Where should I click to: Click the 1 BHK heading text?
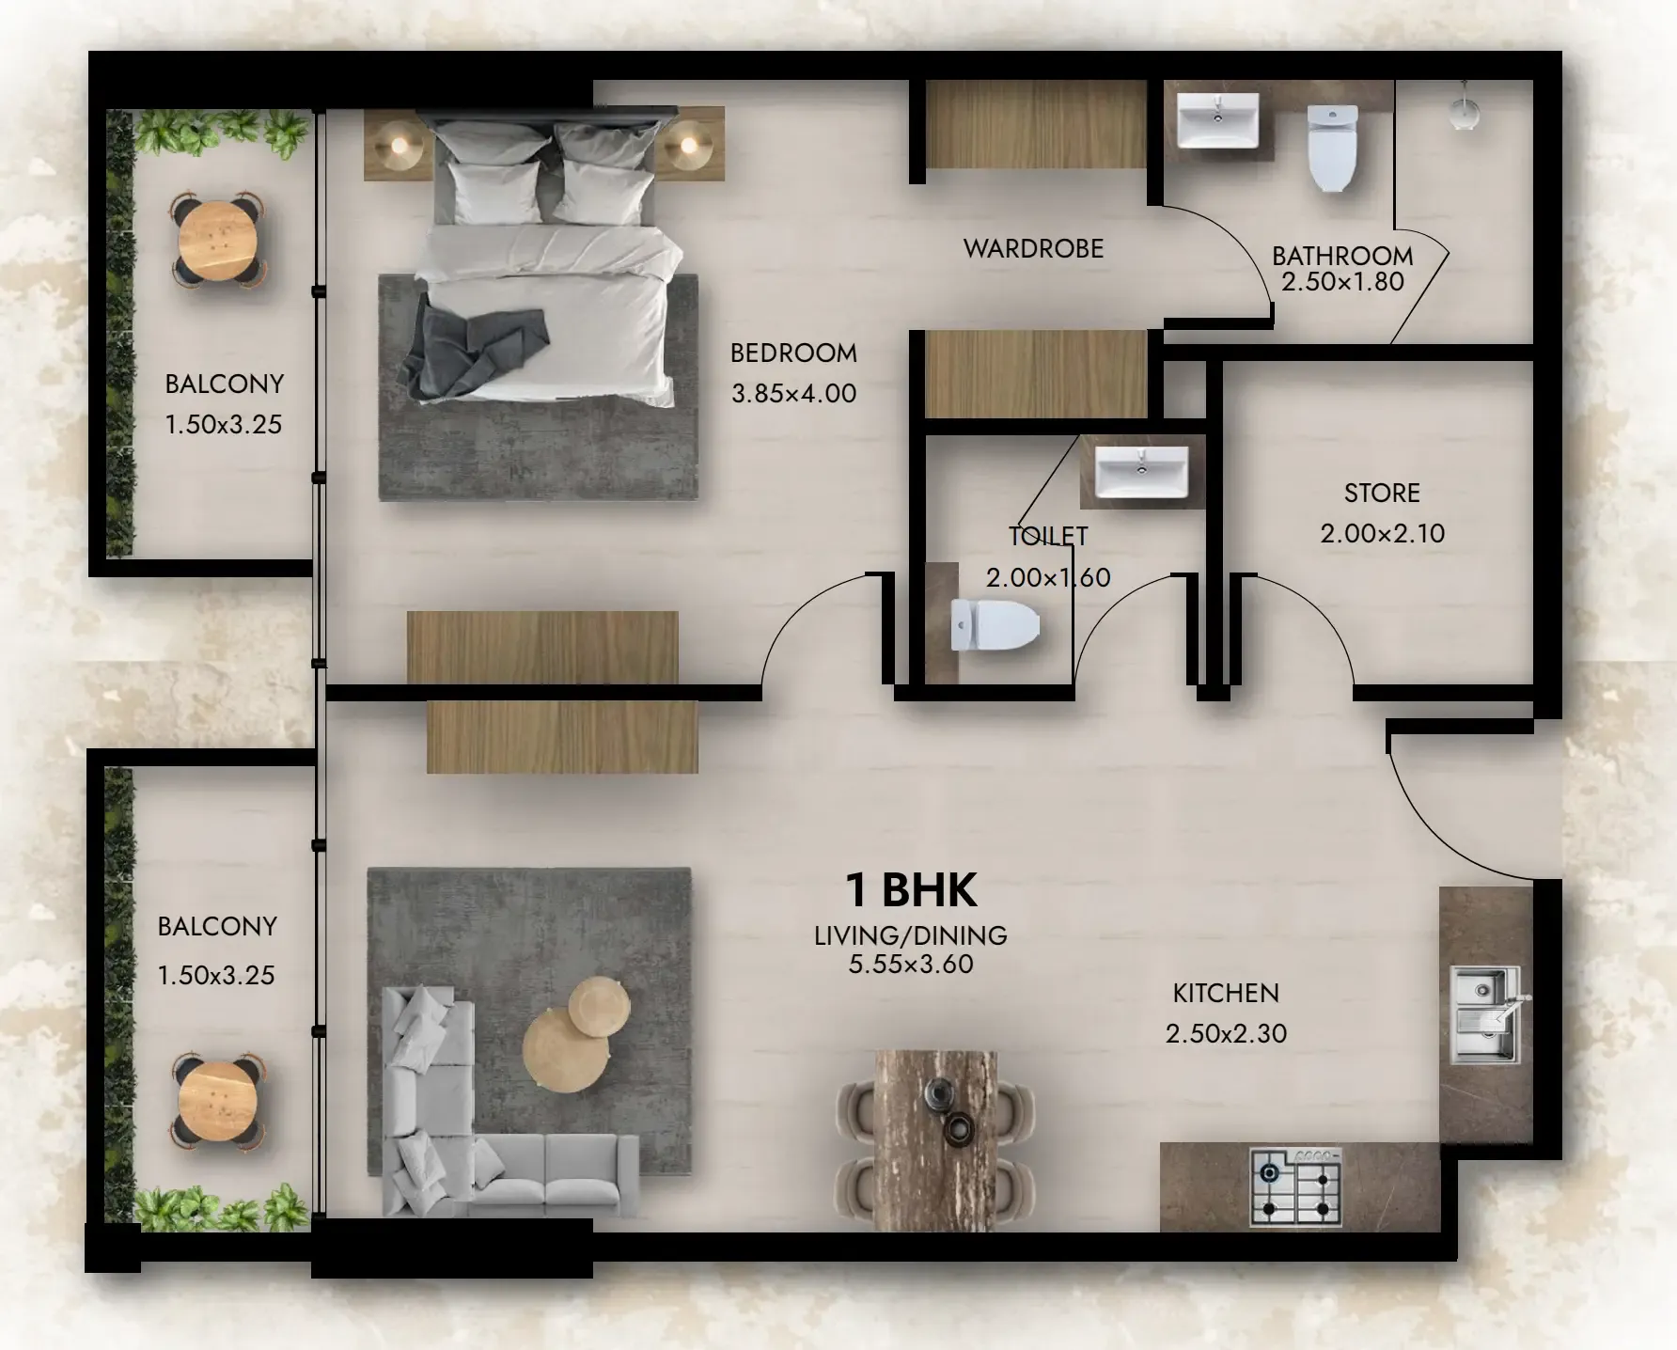point(911,890)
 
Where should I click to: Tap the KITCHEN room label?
point(1226,993)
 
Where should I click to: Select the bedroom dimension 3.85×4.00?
point(794,393)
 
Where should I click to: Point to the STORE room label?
point(1382,493)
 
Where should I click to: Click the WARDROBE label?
point(1034,249)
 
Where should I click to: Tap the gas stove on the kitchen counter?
point(1295,1186)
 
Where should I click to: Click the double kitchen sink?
point(1485,1015)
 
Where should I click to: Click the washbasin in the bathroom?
point(1217,119)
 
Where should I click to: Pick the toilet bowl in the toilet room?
point(995,624)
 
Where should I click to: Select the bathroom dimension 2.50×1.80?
point(1342,281)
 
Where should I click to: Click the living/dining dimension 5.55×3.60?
point(911,964)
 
